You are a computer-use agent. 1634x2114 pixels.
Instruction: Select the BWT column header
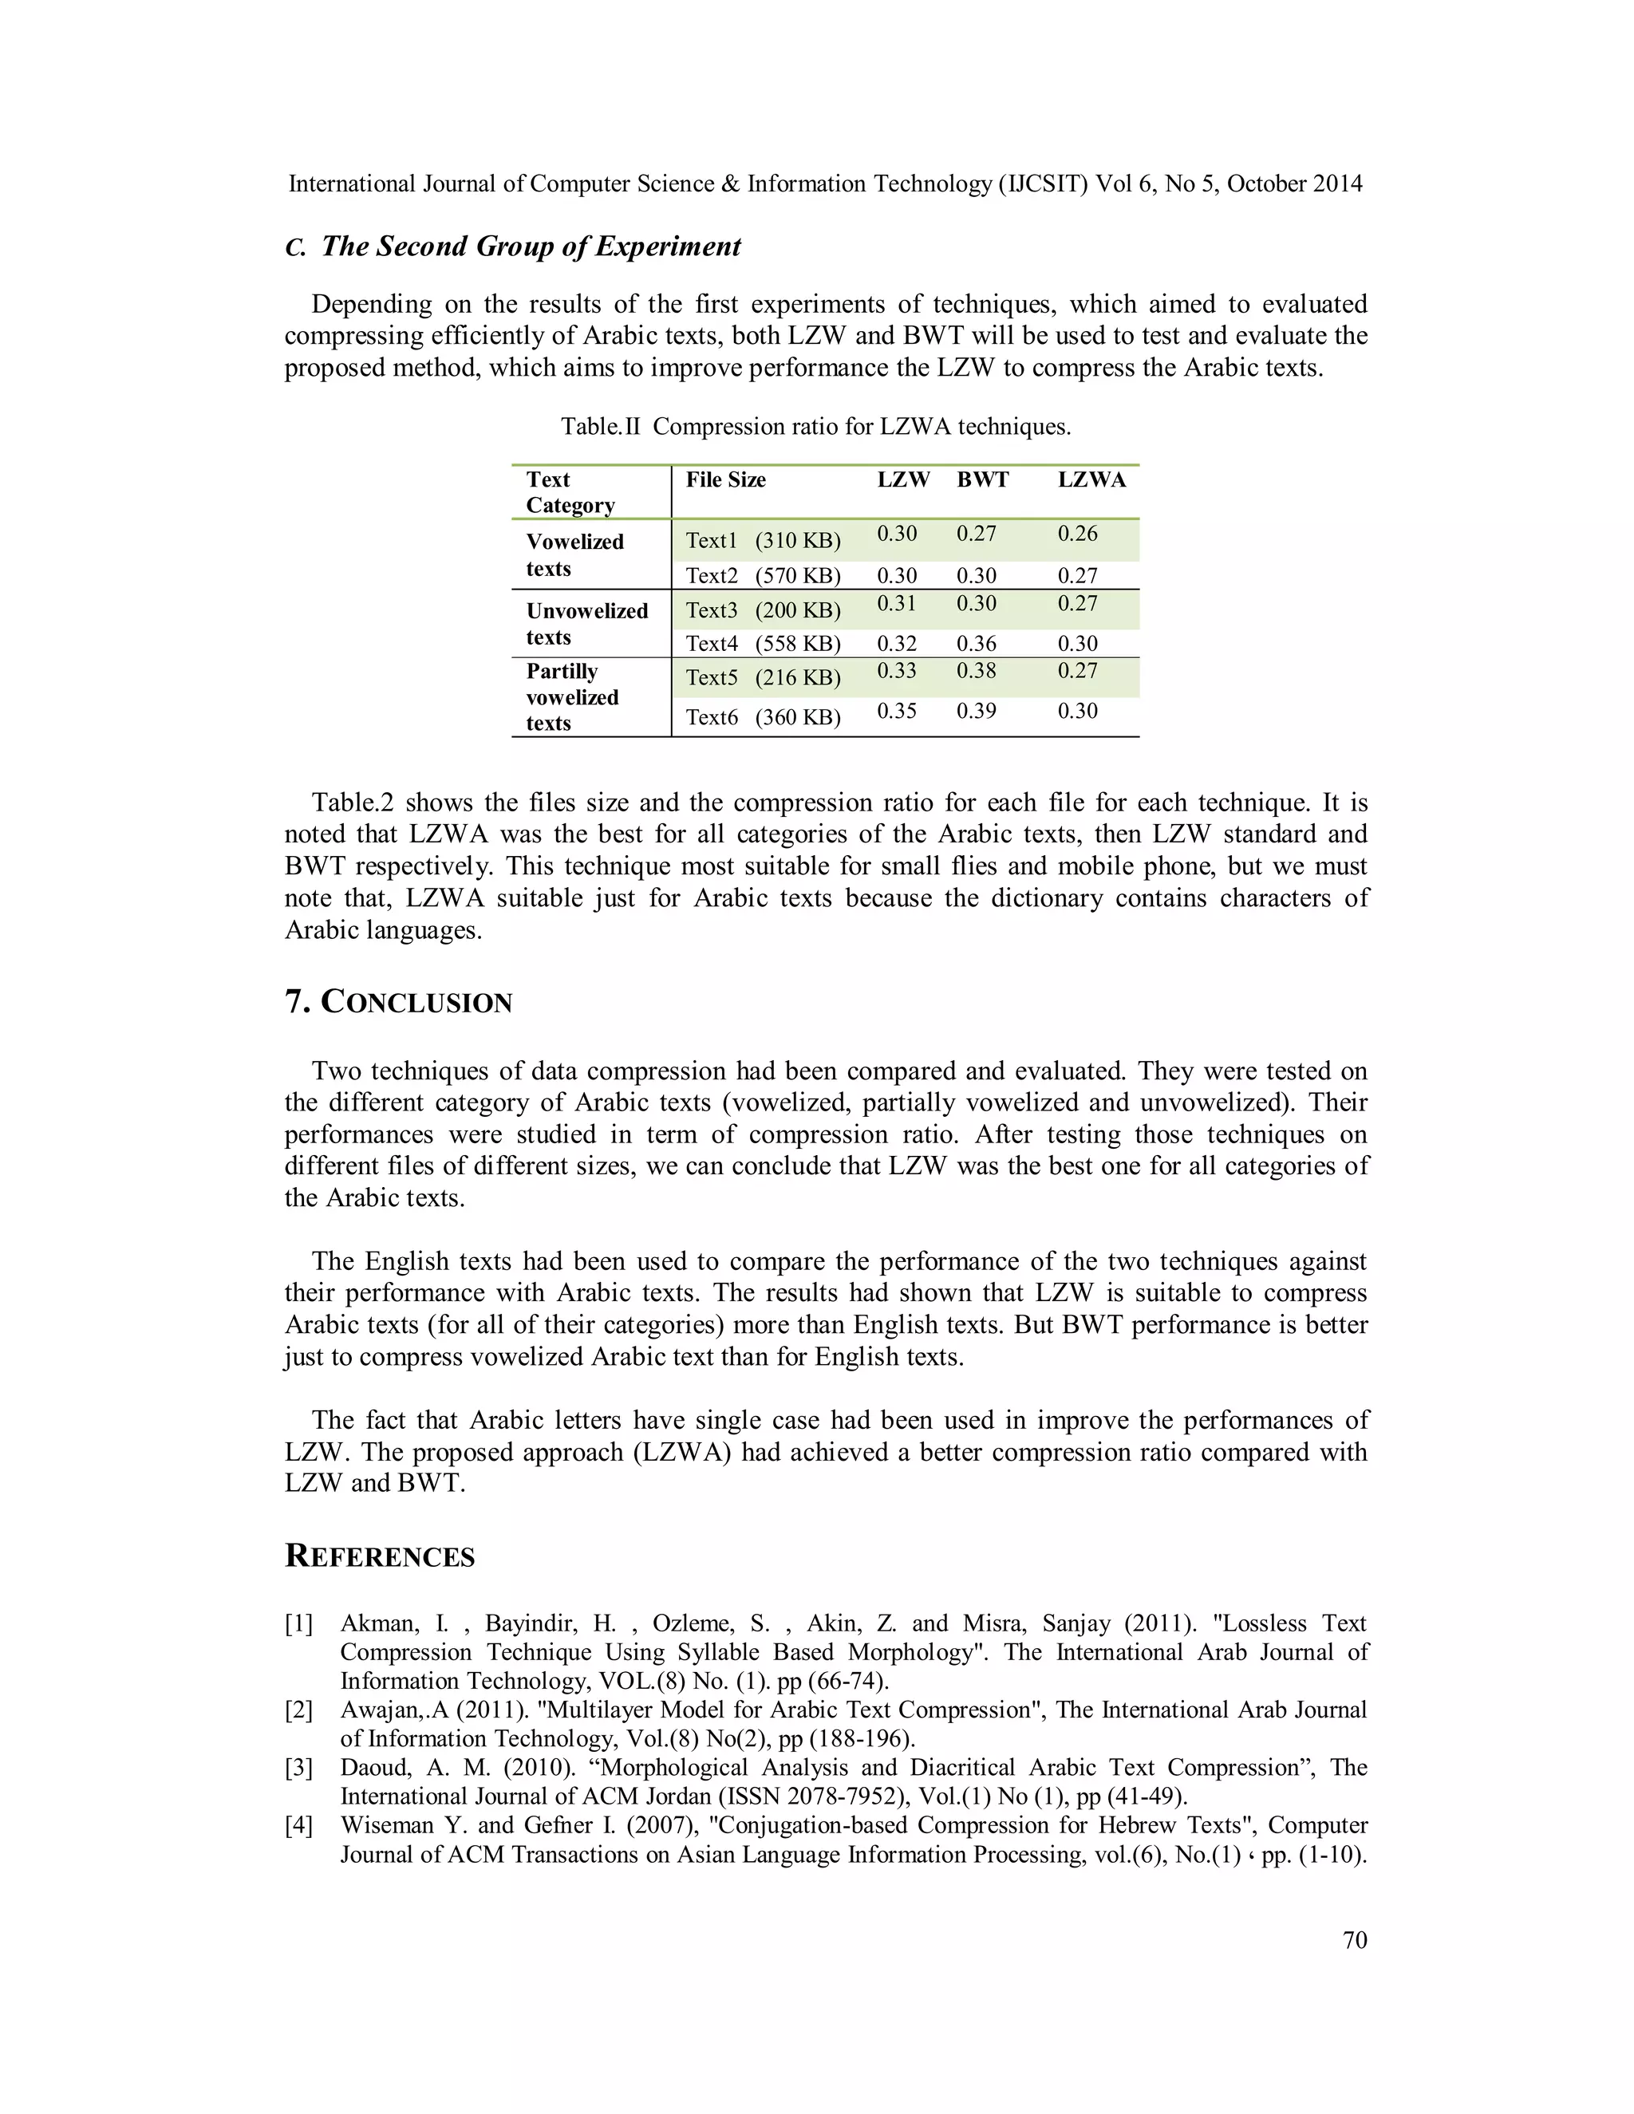click(x=982, y=480)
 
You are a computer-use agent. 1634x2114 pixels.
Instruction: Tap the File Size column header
click(x=725, y=480)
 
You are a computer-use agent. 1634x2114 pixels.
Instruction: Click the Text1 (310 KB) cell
click(x=763, y=540)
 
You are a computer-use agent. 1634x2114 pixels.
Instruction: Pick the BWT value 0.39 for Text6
click(x=977, y=712)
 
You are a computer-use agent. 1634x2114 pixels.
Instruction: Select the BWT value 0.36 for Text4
click(x=977, y=644)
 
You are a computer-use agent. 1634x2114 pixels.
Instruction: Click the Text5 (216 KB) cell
click(x=763, y=677)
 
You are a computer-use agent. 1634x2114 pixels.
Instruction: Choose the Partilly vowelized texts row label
click(x=572, y=697)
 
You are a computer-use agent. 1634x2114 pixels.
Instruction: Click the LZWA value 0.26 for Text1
click(x=1077, y=534)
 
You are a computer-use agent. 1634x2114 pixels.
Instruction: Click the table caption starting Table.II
click(x=815, y=427)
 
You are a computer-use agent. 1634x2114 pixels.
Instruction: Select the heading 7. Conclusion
click(x=398, y=1002)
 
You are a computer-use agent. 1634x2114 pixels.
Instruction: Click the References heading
click(x=380, y=1556)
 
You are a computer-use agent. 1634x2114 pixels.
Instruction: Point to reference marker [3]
click(x=298, y=1768)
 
